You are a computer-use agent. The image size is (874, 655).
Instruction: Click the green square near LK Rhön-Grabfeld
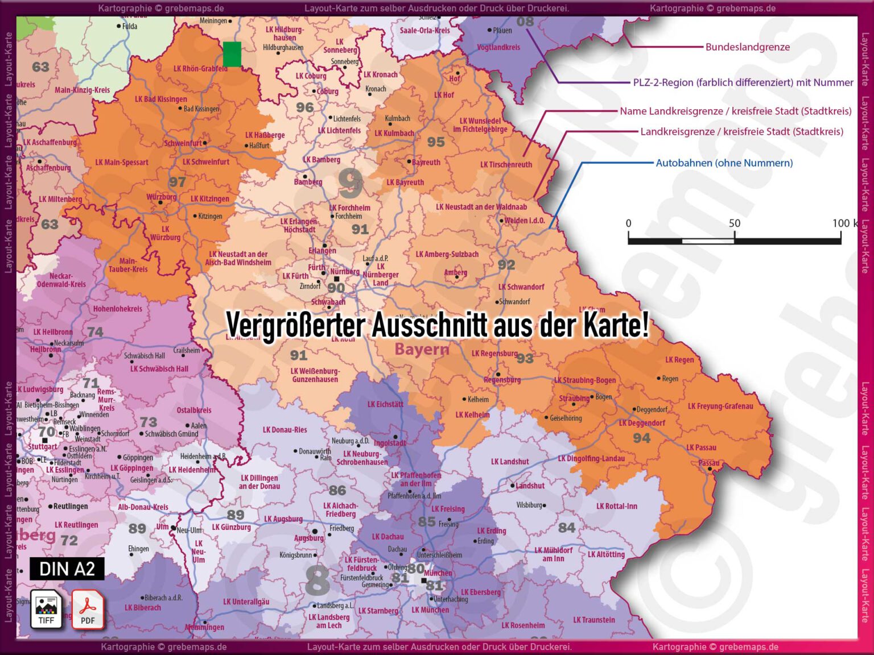(x=232, y=54)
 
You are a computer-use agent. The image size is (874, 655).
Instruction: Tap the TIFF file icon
(x=46, y=609)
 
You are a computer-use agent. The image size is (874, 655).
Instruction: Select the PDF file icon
(x=88, y=609)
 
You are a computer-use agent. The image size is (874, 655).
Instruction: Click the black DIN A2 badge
(x=67, y=569)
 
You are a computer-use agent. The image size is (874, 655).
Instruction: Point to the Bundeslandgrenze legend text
(x=747, y=47)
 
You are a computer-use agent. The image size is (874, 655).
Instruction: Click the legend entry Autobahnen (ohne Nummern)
(x=724, y=163)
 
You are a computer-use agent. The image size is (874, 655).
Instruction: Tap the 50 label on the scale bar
(x=734, y=223)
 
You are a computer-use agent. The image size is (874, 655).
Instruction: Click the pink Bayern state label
(x=422, y=349)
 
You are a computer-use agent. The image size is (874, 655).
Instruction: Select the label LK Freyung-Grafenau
(x=720, y=406)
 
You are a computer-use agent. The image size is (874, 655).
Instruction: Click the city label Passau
(x=709, y=463)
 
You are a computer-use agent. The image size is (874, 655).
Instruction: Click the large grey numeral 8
(x=317, y=580)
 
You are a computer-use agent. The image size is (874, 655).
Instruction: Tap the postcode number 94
(x=641, y=438)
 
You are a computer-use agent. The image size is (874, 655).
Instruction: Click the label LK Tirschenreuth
(x=506, y=165)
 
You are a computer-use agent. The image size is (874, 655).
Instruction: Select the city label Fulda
(x=129, y=26)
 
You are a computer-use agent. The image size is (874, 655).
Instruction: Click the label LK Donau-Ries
(x=285, y=430)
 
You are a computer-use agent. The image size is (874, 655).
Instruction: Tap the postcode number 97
(x=177, y=182)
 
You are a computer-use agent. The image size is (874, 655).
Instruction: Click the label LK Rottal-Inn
(x=616, y=506)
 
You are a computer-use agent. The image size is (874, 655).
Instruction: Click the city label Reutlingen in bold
(x=71, y=506)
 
